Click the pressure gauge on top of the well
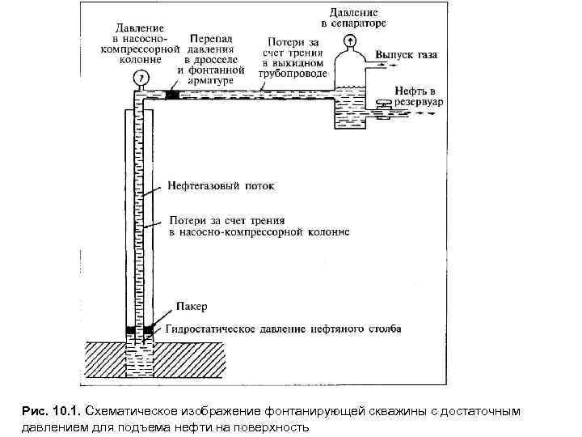point(140,78)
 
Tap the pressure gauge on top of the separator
point(350,42)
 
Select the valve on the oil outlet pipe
point(382,104)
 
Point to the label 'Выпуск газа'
point(406,56)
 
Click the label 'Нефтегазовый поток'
point(221,185)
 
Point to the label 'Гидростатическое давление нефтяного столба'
point(283,329)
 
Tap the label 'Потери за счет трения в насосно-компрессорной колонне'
point(259,226)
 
